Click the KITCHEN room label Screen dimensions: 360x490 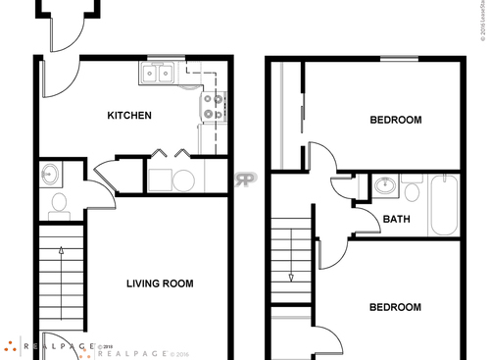pos(129,116)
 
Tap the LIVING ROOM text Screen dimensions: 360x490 pos(160,284)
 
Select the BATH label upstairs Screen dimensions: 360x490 pos(396,219)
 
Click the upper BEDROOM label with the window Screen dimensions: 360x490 pos(395,121)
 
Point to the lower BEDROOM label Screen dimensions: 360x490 pos(395,307)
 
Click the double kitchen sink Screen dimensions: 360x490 pos(157,73)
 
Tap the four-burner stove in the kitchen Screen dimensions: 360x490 pos(213,105)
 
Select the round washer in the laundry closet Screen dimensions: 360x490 pos(183,180)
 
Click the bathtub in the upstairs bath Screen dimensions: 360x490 pos(444,204)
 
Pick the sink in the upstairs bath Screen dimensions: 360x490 pos(385,184)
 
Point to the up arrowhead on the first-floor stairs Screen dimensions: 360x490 pos(62,252)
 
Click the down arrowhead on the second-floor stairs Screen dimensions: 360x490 pos(291,278)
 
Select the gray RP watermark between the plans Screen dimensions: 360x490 pos(244,180)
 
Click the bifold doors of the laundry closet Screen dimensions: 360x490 pos(169,153)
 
